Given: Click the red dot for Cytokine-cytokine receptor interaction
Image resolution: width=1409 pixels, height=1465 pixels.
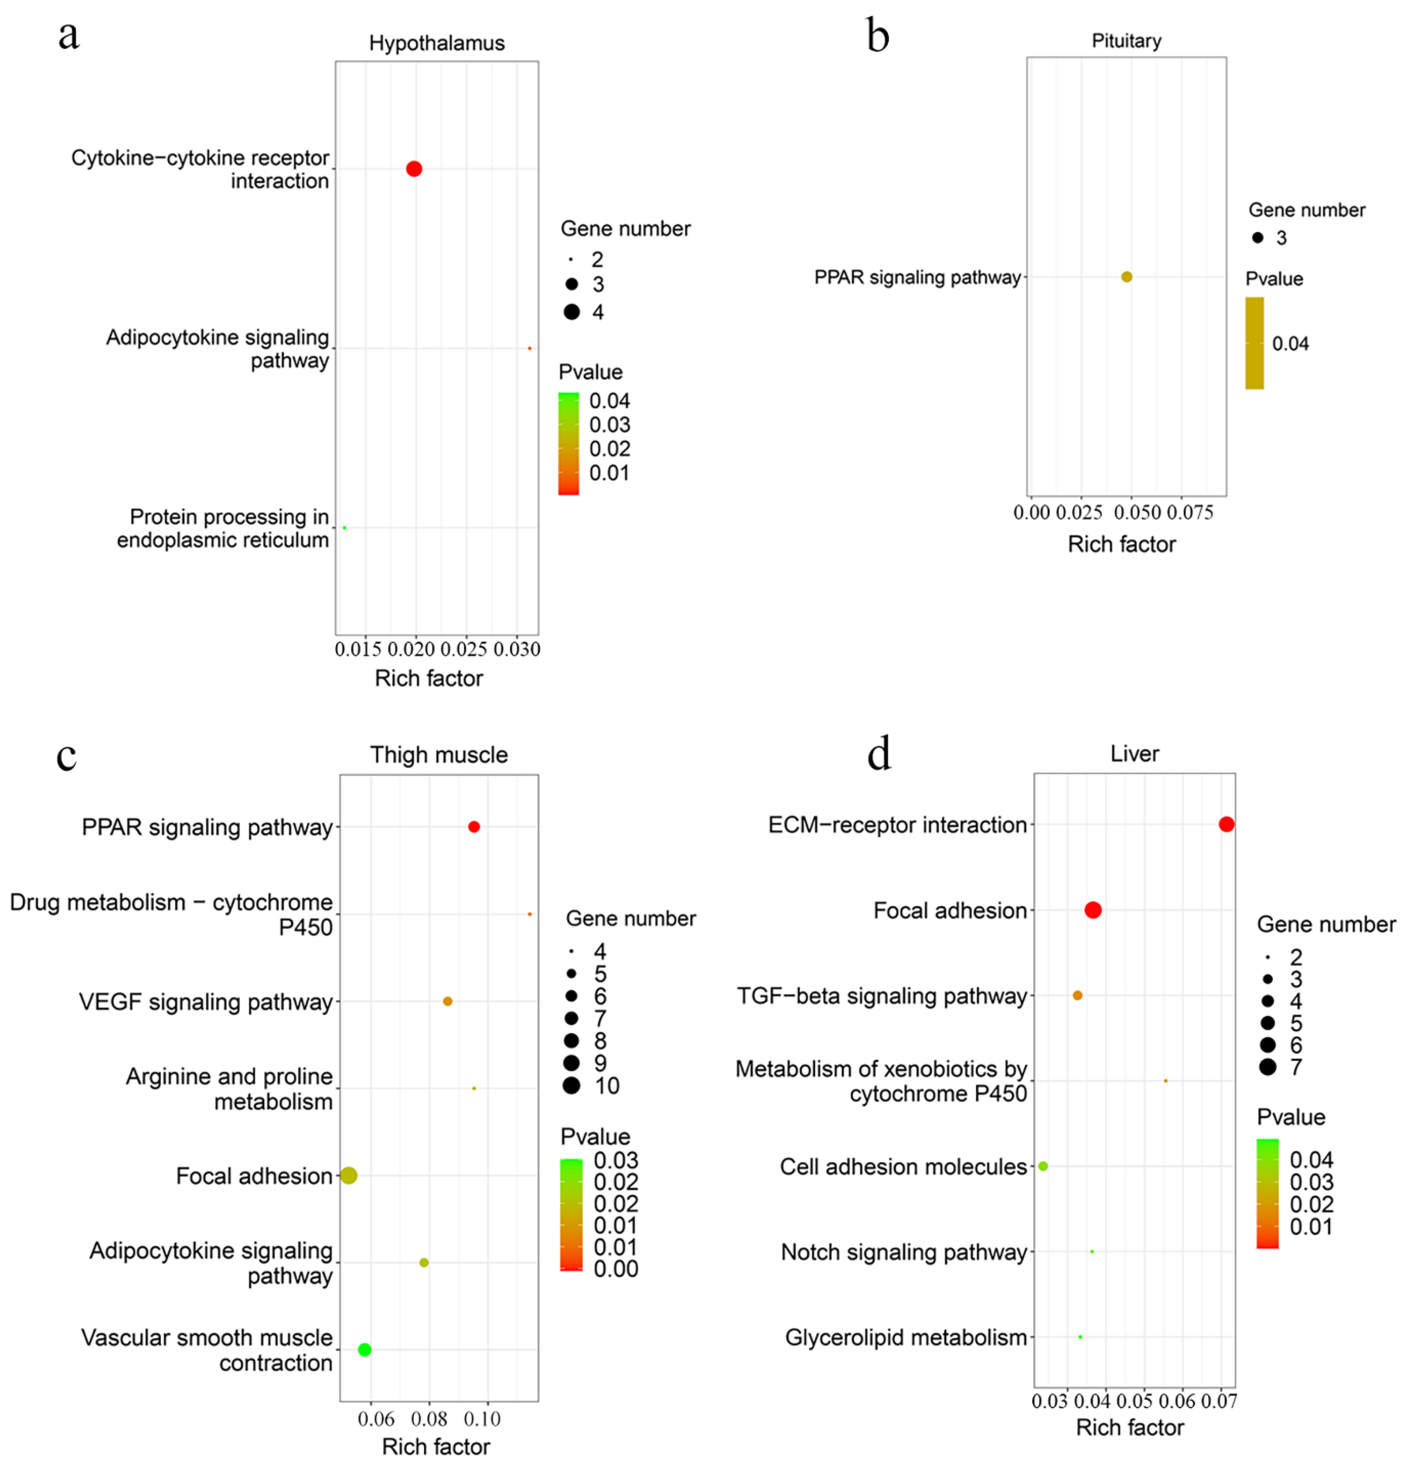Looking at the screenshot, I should coord(414,169).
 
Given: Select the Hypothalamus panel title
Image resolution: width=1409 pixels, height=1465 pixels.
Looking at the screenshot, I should coord(436,43).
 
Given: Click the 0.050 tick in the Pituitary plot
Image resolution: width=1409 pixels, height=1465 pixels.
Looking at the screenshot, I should coord(1137,513).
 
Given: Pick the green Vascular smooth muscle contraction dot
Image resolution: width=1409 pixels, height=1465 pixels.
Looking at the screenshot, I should coord(364,1349).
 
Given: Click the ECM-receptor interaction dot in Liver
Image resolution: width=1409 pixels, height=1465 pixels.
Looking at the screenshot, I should coord(1226,824).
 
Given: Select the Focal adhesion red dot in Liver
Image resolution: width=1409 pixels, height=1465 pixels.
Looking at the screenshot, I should coord(1093,910).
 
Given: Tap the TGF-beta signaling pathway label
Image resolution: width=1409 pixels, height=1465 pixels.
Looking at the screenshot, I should coord(882,995).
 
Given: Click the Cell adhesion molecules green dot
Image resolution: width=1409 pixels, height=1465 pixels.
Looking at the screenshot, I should coord(1043,1166).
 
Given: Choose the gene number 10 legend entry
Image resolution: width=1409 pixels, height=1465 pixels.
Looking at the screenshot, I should coord(572,1085).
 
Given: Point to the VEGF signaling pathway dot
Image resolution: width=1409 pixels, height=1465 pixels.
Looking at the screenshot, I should coord(447,1001).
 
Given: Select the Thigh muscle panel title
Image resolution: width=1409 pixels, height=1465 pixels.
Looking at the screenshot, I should coord(439,755).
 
